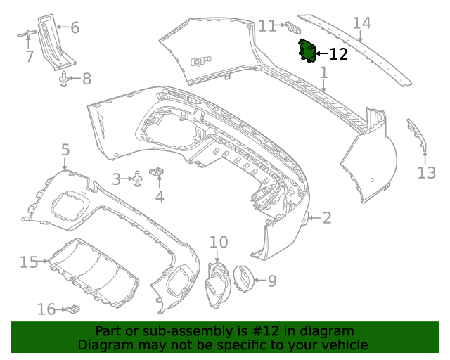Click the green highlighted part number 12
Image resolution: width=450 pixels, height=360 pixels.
point(307,51)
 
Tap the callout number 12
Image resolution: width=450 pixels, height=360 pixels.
point(338,54)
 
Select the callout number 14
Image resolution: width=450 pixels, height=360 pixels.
point(361,23)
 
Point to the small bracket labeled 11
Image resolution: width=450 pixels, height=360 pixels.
point(292,27)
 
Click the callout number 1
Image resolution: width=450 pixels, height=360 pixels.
point(324,72)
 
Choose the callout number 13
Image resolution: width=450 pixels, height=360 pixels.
point(427,172)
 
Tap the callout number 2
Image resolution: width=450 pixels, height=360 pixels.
point(327,218)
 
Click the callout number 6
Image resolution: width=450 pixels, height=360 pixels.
point(75,28)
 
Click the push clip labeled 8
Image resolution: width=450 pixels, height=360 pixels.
point(65,79)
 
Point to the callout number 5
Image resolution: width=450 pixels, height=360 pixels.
point(65,150)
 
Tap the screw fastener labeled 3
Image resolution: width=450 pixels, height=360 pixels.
point(139,179)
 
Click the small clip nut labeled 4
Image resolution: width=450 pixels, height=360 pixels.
point(159,171)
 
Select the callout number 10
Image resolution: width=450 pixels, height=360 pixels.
point(219,243)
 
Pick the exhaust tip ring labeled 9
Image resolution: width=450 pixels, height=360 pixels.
point(243,278)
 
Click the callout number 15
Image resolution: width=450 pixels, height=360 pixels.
point(29,262)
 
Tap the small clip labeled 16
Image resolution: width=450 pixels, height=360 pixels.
point(73,309)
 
